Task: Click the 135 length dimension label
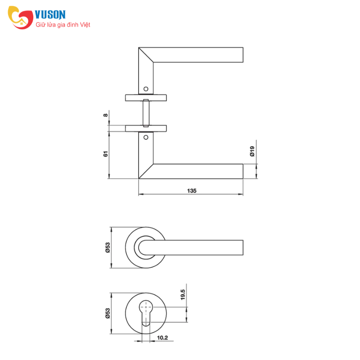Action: coord(192,191)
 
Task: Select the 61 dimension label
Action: coord(105,154)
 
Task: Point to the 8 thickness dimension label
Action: coord(105,115)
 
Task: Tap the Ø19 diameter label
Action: coord(252,151)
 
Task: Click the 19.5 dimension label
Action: coord(183,295)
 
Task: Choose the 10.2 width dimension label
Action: coord(162,338)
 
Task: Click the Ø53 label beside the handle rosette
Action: coord(108,247)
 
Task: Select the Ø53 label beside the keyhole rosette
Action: coord(108,313)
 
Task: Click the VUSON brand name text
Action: coord(50,14)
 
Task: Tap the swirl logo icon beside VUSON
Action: coord(20,18)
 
